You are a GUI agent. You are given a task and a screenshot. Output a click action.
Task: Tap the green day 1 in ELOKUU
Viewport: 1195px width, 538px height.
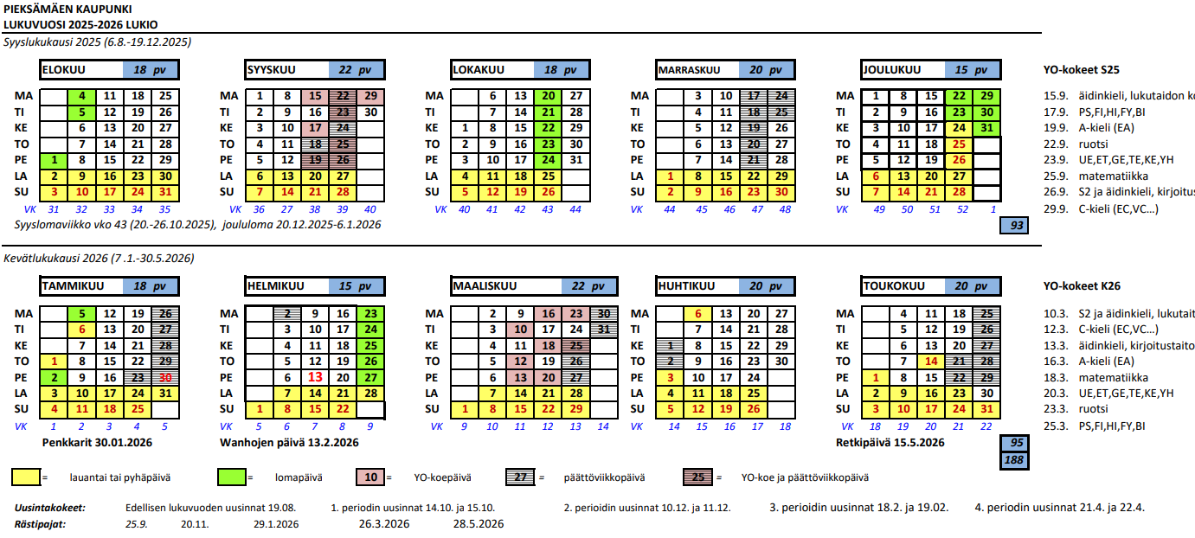coord(54,160)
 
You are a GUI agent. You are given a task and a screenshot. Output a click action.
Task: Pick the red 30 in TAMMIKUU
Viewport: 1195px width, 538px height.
coord(164,377)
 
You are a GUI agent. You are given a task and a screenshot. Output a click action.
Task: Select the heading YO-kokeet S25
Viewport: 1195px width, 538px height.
coord(1082,71)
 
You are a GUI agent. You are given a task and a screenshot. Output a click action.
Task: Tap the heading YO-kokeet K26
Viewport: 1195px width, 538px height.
coord(1083,286)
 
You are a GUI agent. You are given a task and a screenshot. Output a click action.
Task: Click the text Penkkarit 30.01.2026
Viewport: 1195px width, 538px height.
coord(96,443)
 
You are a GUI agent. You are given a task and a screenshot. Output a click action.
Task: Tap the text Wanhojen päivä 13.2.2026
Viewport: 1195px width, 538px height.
coord(303,443)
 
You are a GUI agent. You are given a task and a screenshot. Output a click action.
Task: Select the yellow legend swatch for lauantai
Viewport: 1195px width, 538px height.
coord(26,477)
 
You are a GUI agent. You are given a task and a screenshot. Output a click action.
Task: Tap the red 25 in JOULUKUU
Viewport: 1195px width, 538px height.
coord(958,144)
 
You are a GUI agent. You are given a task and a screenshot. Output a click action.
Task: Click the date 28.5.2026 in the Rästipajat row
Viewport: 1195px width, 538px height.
coord(479,524)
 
